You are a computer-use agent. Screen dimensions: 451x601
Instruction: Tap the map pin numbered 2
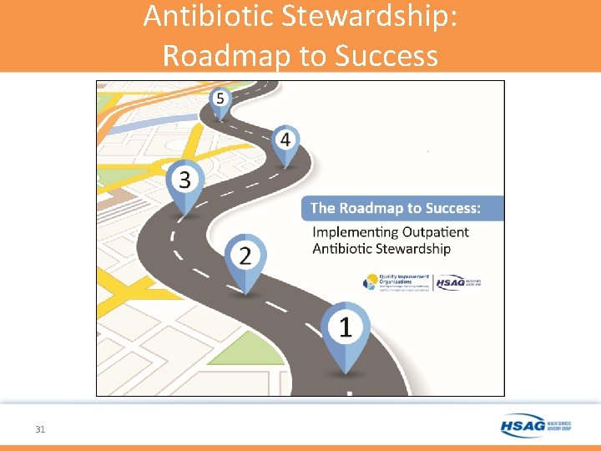click(244, 256)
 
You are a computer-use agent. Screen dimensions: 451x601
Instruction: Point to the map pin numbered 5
click(220, 99)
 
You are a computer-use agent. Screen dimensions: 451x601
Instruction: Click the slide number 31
click(40, 429)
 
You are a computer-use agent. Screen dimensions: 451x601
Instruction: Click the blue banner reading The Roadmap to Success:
click(402, 208)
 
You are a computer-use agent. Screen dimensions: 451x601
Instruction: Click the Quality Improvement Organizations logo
click(396, 282)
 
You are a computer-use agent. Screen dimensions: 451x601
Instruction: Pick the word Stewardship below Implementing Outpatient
click(414, 249)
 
